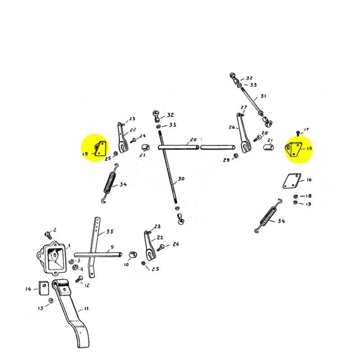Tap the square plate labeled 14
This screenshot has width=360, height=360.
(x=44, y=287)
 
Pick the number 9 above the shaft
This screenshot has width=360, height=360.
(x=111, y=247)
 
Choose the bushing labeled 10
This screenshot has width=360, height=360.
(x=133, y=256)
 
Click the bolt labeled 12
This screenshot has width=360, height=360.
(x=79, y=279)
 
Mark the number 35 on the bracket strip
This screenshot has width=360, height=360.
(x=109, y=233)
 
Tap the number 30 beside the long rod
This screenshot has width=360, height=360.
(x=181, y=179)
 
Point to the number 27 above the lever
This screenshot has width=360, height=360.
(x=244, y=108)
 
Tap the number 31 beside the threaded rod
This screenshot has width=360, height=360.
(x=263, y=96)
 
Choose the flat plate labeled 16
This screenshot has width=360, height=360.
(x=292, y=181)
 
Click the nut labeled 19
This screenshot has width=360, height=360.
(x=296, y=203)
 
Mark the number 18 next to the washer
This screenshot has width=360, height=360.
(x=308, y=196)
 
